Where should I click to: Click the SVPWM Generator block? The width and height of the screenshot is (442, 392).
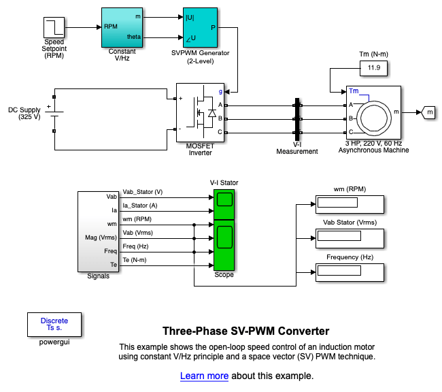(200, 27)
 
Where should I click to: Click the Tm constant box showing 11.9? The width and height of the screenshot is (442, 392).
(373, 69)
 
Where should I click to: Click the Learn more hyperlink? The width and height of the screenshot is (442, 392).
(204, 376)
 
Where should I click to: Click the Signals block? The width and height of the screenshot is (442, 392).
(99, 231)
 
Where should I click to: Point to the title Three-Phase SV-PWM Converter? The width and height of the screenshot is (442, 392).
(245, 331)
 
